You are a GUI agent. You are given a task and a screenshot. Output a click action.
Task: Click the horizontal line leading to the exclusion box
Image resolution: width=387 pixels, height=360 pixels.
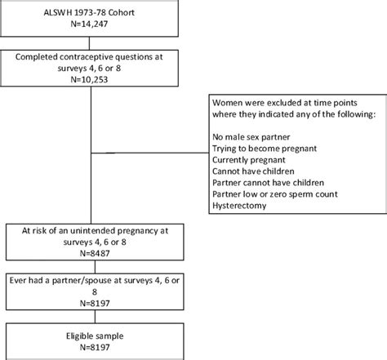tap(155, 153)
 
